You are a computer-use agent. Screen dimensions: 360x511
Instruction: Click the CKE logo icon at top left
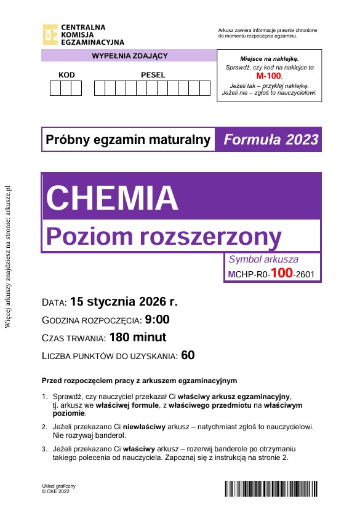[49, 34]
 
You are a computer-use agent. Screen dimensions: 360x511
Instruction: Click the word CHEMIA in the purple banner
[112, 197]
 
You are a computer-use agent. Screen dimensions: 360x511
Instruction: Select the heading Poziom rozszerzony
[164, 236]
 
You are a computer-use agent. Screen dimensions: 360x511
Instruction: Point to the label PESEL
[153, 75]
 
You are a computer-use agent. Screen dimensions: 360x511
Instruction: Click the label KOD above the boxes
[66, 75]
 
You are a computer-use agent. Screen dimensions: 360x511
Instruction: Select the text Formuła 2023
[271, 140]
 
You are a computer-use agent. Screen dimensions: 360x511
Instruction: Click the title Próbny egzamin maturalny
[128, 140]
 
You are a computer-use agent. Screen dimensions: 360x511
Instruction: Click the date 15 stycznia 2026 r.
[124, 302]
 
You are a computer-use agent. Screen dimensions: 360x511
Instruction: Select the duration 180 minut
[137, 338]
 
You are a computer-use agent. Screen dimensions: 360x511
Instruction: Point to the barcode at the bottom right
[273, 489]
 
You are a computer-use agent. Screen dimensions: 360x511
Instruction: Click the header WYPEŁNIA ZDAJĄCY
[129, 56]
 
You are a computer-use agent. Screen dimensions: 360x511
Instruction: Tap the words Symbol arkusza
[263, 259]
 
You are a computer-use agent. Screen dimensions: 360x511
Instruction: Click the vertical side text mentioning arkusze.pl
[8, 258]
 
